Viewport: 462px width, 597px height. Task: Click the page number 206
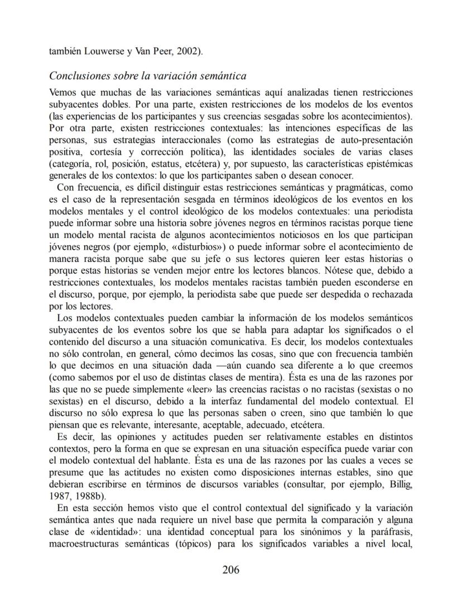point(230,570)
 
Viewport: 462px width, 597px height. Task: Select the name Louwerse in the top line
point(105,52)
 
